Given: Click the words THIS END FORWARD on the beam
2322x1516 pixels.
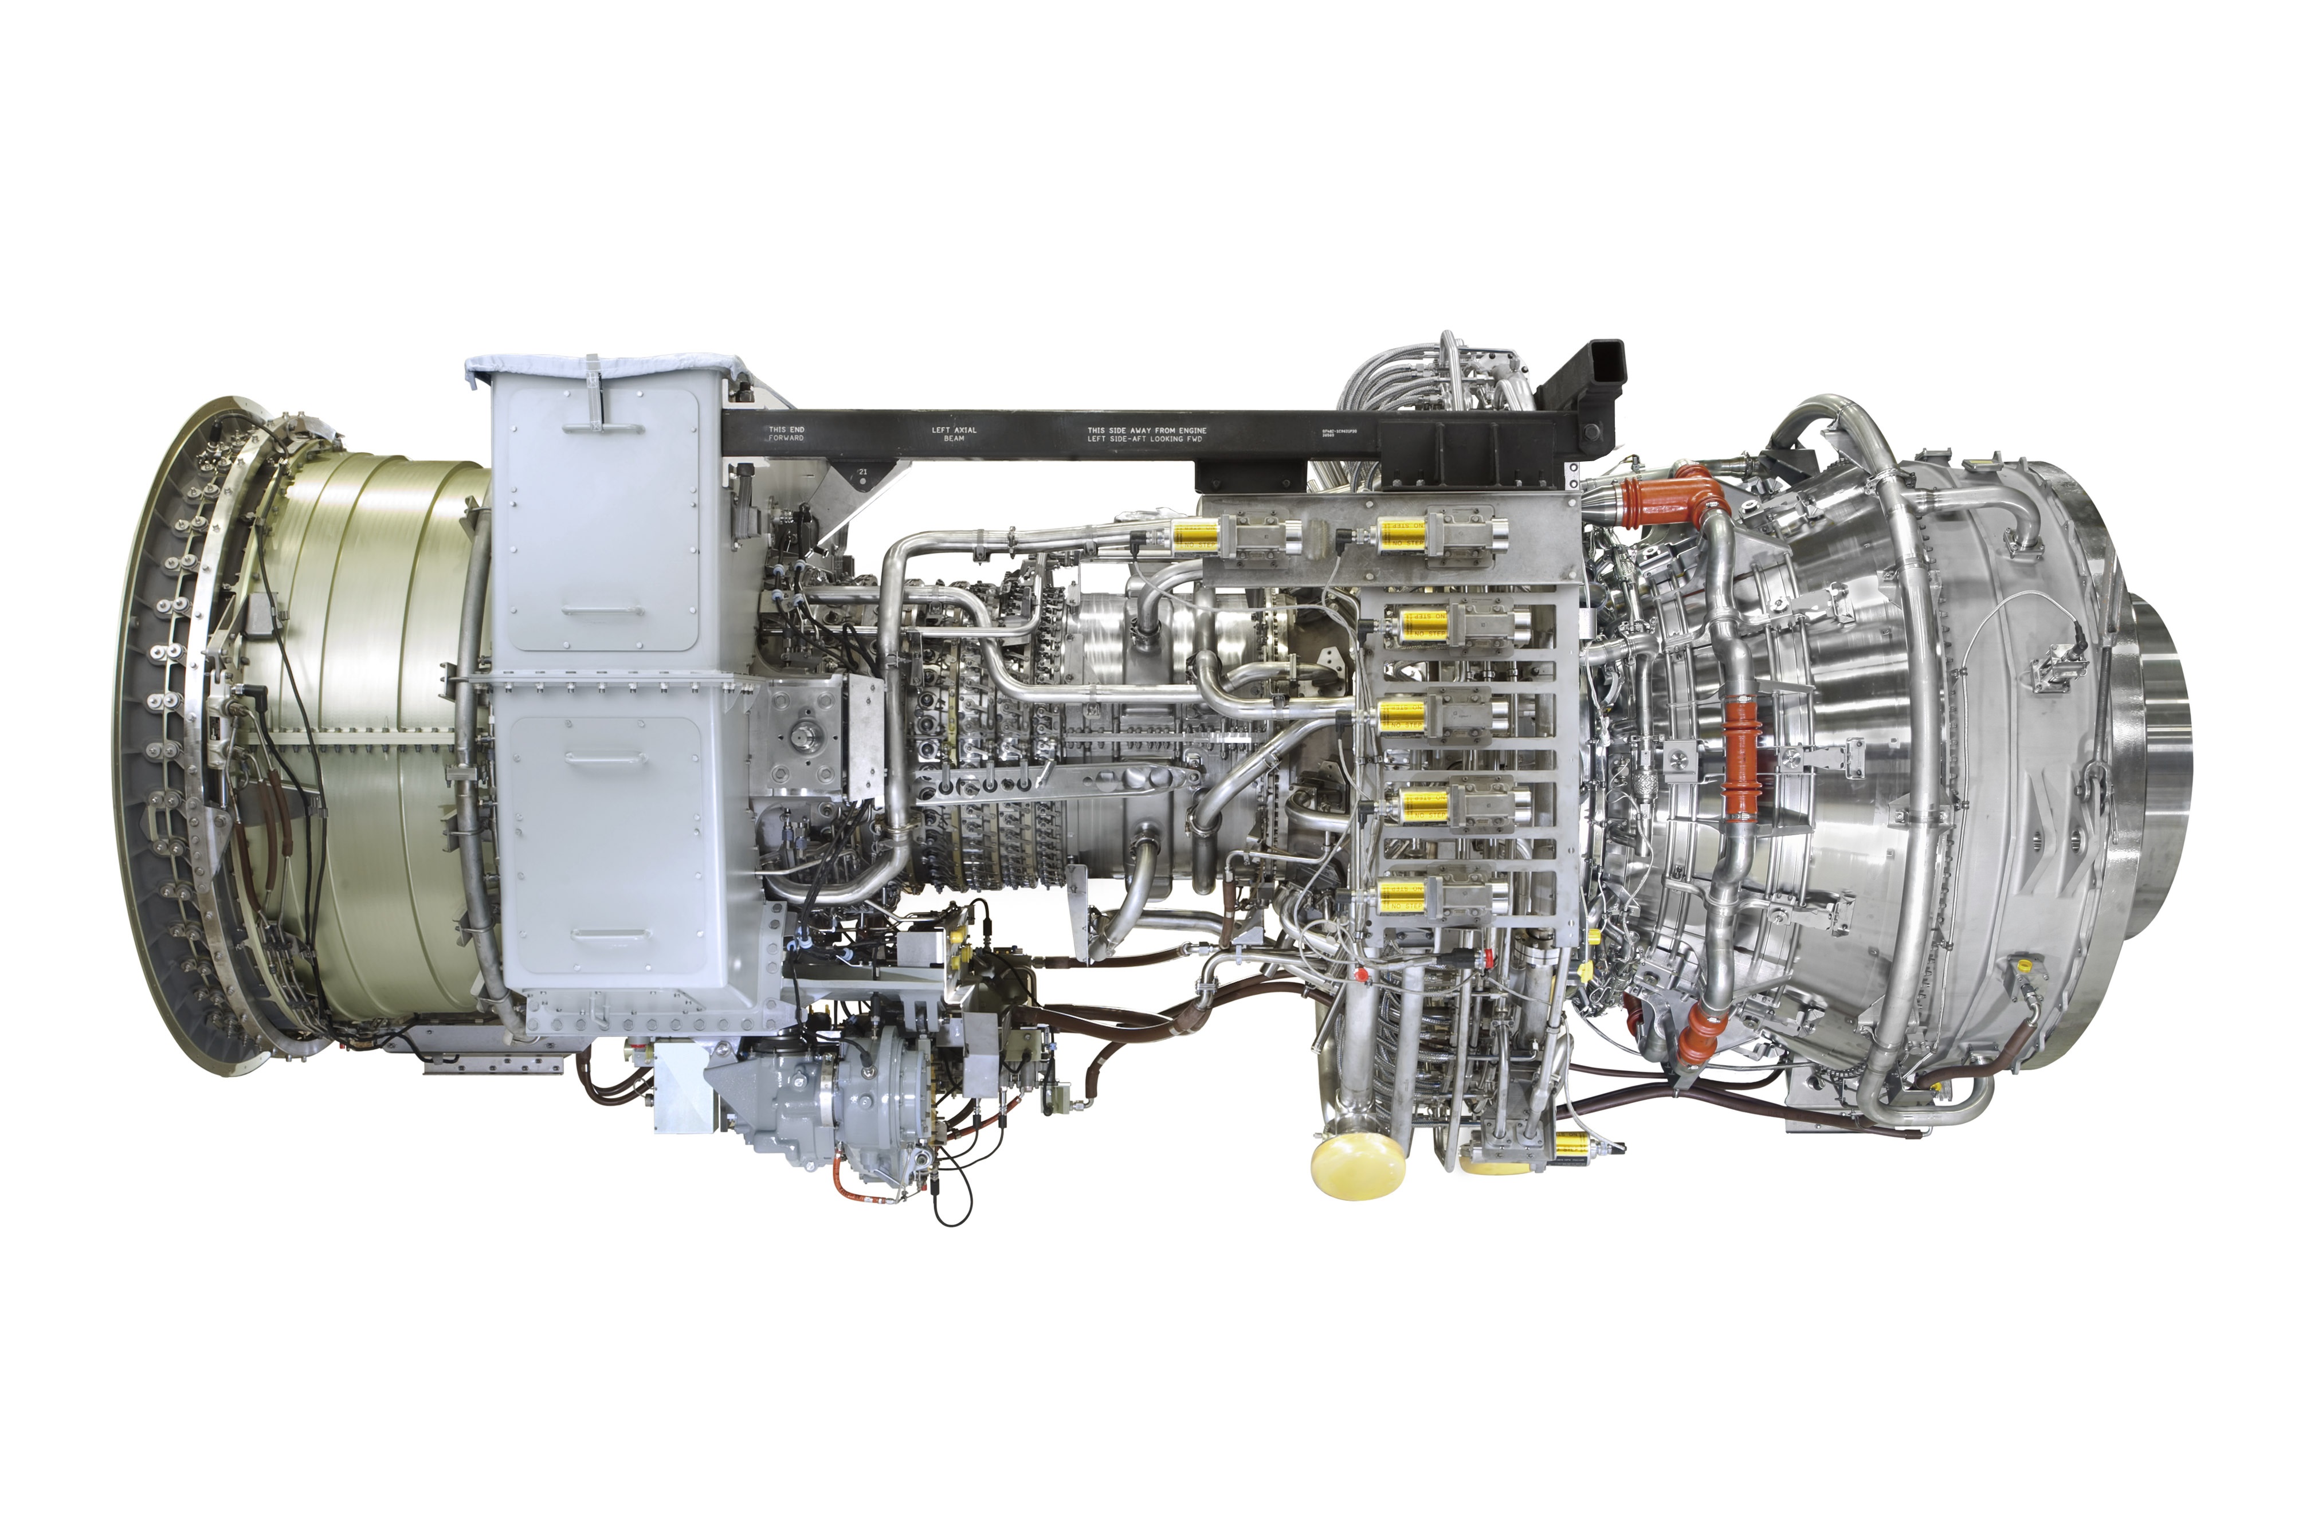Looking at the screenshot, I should coord(786,434).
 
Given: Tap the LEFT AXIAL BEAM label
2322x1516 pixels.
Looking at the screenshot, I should coord(953,434).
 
